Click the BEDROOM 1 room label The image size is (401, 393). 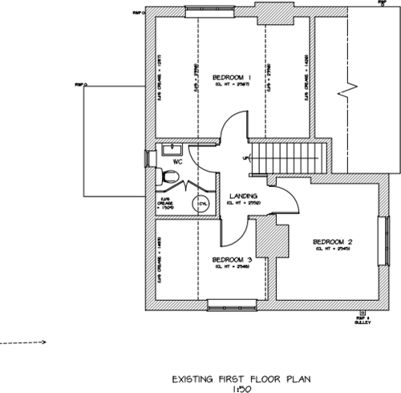pos(232,77)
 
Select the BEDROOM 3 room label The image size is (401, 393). pos(233,260)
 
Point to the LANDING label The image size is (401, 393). pos(241,196)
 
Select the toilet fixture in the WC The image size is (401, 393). pos(164,176)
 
